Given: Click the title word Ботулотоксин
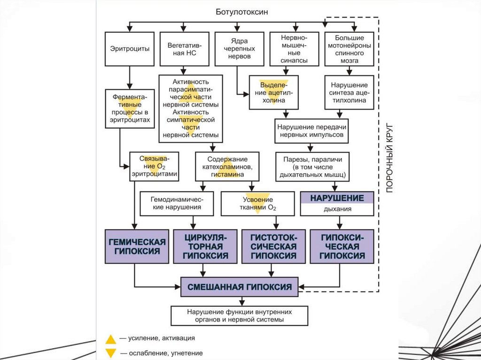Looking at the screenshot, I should click(x=242, y=12).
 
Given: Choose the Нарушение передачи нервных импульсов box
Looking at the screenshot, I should click(x=311, y=131).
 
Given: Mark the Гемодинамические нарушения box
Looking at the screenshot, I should click(x=177, y=203).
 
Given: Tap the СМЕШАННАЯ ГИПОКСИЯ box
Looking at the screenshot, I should click(x=240, y=287).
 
